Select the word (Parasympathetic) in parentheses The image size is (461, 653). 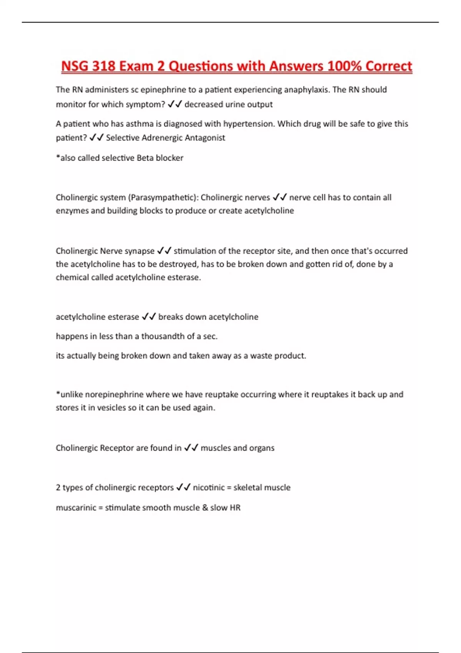pyautogui.click(x=163, y=197)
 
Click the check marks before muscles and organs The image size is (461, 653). pyautogui.click(x=191, y=448)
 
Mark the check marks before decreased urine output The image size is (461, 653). pyautogui.click(x=175, y=104)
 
